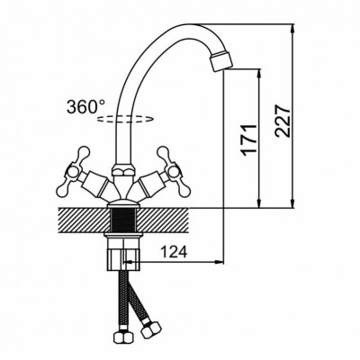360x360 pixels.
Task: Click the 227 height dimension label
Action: click(x=283, y=121)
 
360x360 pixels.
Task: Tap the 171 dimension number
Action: click(x=249, y=139)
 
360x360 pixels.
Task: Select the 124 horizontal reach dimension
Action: click(x=174, y=252)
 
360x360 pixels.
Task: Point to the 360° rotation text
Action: click(x=86, y=107)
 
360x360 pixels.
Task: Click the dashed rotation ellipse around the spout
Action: click(x=125, y=119)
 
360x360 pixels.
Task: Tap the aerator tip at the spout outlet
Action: click(x=221, y=61)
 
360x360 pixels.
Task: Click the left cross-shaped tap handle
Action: click(x=73, y=172)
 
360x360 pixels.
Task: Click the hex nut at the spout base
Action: click(x=123, y=171)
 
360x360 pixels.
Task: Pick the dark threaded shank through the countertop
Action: click(x=123, y=220)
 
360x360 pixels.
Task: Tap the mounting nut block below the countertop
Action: click(x=123, y=255)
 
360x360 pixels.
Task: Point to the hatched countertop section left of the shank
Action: click(x=85, y=220)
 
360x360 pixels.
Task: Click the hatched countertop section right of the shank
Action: click(x=162, y=220)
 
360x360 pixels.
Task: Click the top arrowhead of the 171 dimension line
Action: click(x=259, y=75)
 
